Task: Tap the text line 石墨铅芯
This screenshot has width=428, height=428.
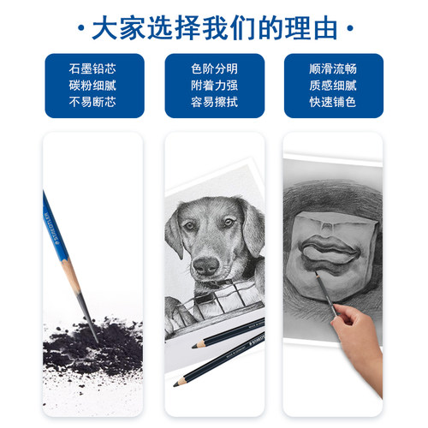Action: point(93,68)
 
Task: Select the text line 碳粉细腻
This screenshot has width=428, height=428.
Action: point(93,86)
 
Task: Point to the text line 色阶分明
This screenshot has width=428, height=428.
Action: point(213,68)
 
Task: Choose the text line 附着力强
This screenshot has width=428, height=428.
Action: point(213,86)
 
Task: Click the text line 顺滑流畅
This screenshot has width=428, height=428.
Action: point(333,68)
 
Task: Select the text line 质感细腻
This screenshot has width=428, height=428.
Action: point(333,86)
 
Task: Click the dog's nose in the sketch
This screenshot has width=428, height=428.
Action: point(205,266)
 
